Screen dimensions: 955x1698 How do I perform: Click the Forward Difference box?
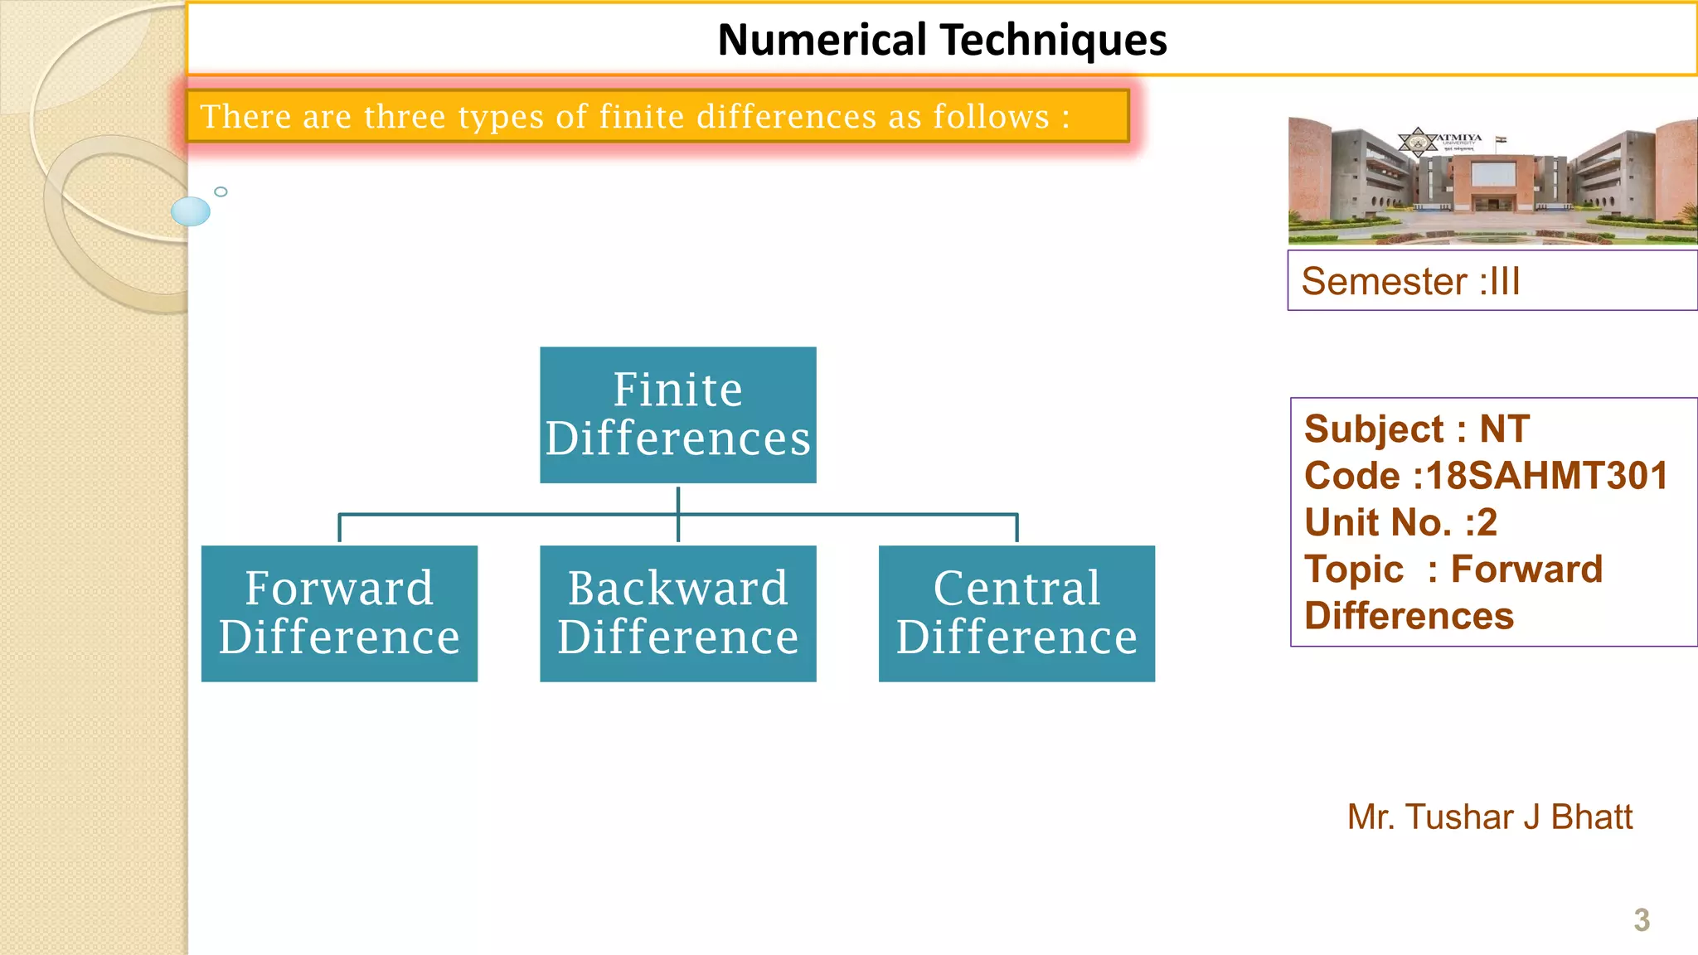pyautogui.click(x=339, y=613)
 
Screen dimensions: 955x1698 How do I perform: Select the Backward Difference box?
pyautogui.click(x=677, y=613)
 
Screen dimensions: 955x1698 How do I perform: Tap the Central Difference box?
pyautogui.click(x=1016, y=613)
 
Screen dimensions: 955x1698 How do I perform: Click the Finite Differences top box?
pyautogui.click(x=677, y=414)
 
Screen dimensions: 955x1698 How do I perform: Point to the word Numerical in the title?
pyautogui.click(x=822, y=40)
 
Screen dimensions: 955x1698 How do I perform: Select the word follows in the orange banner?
pyautogui.click(x=992, y=117)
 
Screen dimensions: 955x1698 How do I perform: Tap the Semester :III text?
pyautogui.click(x=1410, y=281)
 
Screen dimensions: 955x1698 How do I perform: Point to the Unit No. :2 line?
pyautogui.click(x=1400, y=522)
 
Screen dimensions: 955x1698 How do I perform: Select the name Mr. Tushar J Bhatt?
pyautogui.click(x=1489, y=817)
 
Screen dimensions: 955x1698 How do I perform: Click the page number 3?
pyautogui.click(x=1641, y=919)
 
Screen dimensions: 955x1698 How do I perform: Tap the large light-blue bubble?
pyautogui.click(x=191, y=211)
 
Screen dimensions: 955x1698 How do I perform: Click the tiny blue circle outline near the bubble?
pyautogui.click(x=221, y=191)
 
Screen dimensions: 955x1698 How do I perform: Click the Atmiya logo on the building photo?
pyautogui.click(x=1419, y=142)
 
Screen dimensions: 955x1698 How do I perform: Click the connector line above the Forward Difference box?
pyautogui.click(x=340, y=527)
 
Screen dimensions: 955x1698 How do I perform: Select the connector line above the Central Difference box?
pyautogui.click(x=1016, y=527)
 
